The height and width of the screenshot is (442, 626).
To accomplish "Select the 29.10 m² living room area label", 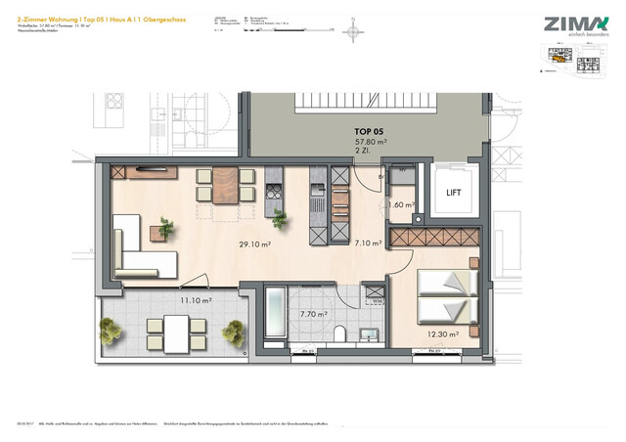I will tap(255, 245).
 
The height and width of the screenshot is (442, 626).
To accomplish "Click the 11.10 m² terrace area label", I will tap(197, 301).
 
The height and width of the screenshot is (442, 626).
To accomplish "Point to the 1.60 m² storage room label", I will tap(401, 205).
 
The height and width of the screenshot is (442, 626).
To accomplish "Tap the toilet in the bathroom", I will tap(337, 335).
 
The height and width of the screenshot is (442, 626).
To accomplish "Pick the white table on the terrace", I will tap(176, 335).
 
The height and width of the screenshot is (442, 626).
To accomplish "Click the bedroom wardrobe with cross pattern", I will tap(434, 238).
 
